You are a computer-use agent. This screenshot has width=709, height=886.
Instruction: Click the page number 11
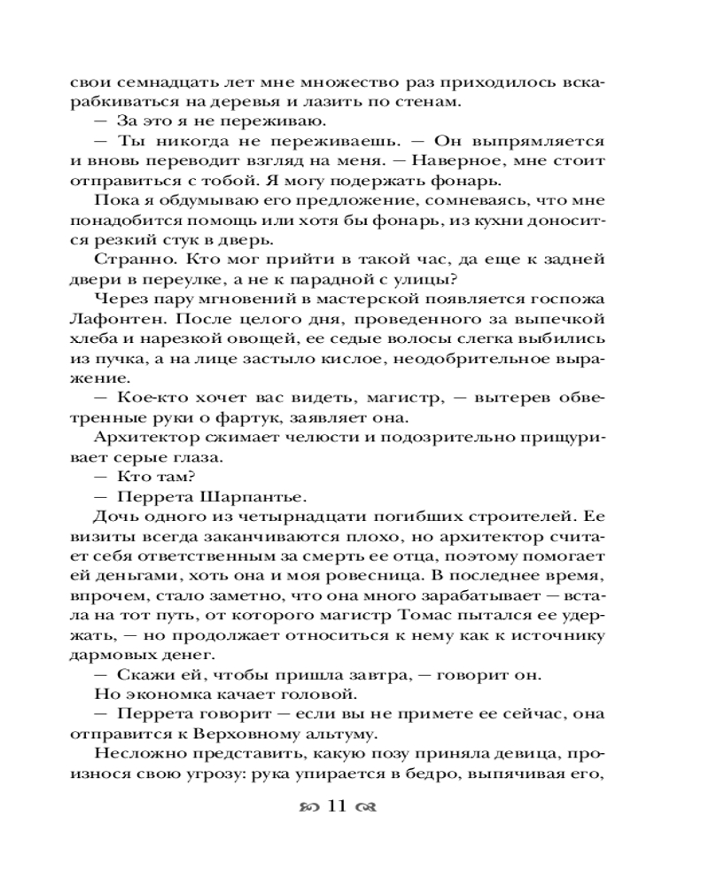pyautogui.click(x=340, y=807)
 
